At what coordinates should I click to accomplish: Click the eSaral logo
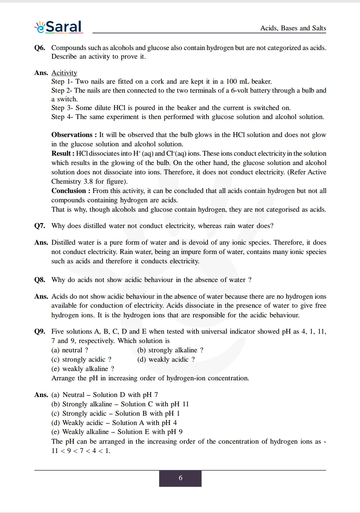pos(59,27)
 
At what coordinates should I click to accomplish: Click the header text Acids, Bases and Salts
pos(293,28)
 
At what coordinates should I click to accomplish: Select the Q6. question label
pos(40,48)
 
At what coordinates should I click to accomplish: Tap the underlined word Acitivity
pos(64,73)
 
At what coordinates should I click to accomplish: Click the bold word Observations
pos(72,135)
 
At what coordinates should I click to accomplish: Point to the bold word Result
pos(61,153)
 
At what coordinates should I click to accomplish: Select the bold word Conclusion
pos(68,191)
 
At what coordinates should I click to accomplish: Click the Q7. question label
pos(40,226)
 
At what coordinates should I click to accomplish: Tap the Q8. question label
pos(40,280)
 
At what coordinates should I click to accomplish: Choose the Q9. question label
pos(40,331)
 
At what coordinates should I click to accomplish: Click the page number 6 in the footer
pos(180,478)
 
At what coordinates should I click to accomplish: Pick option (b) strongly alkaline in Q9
pos(170,350)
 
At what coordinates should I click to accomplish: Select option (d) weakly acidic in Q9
pos(166,359)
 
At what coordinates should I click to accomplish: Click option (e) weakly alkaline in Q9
pos(83,369)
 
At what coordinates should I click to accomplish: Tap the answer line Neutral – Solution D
pos(104,395)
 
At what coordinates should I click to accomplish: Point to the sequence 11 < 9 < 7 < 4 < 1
pos(81,451)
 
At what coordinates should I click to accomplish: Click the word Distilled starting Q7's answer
pos(65,242)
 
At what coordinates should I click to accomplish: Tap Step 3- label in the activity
pos(62,108)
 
